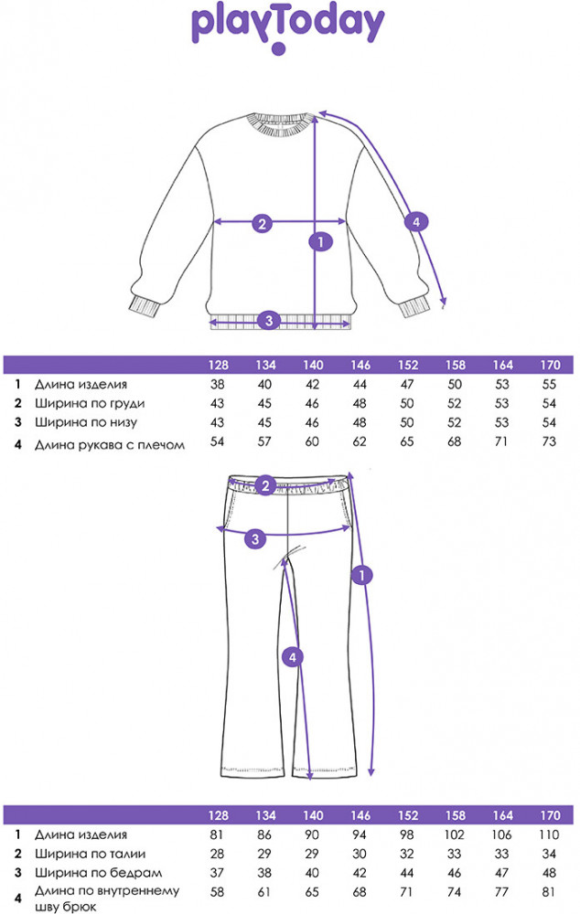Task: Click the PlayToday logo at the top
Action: [x=287, y=27]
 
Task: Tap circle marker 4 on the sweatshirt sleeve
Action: [x=415, y=222]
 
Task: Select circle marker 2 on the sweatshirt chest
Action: [x=262, y=223]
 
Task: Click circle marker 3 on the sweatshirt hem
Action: [x=268, y=320]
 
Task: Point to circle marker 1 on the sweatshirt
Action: [x=319, y=242]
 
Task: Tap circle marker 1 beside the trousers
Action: [x=363, y=575]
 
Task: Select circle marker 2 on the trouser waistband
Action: [x=265, y=485]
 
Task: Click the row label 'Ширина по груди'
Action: [x=90, y=404]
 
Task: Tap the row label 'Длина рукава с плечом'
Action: [x=110, y=445]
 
